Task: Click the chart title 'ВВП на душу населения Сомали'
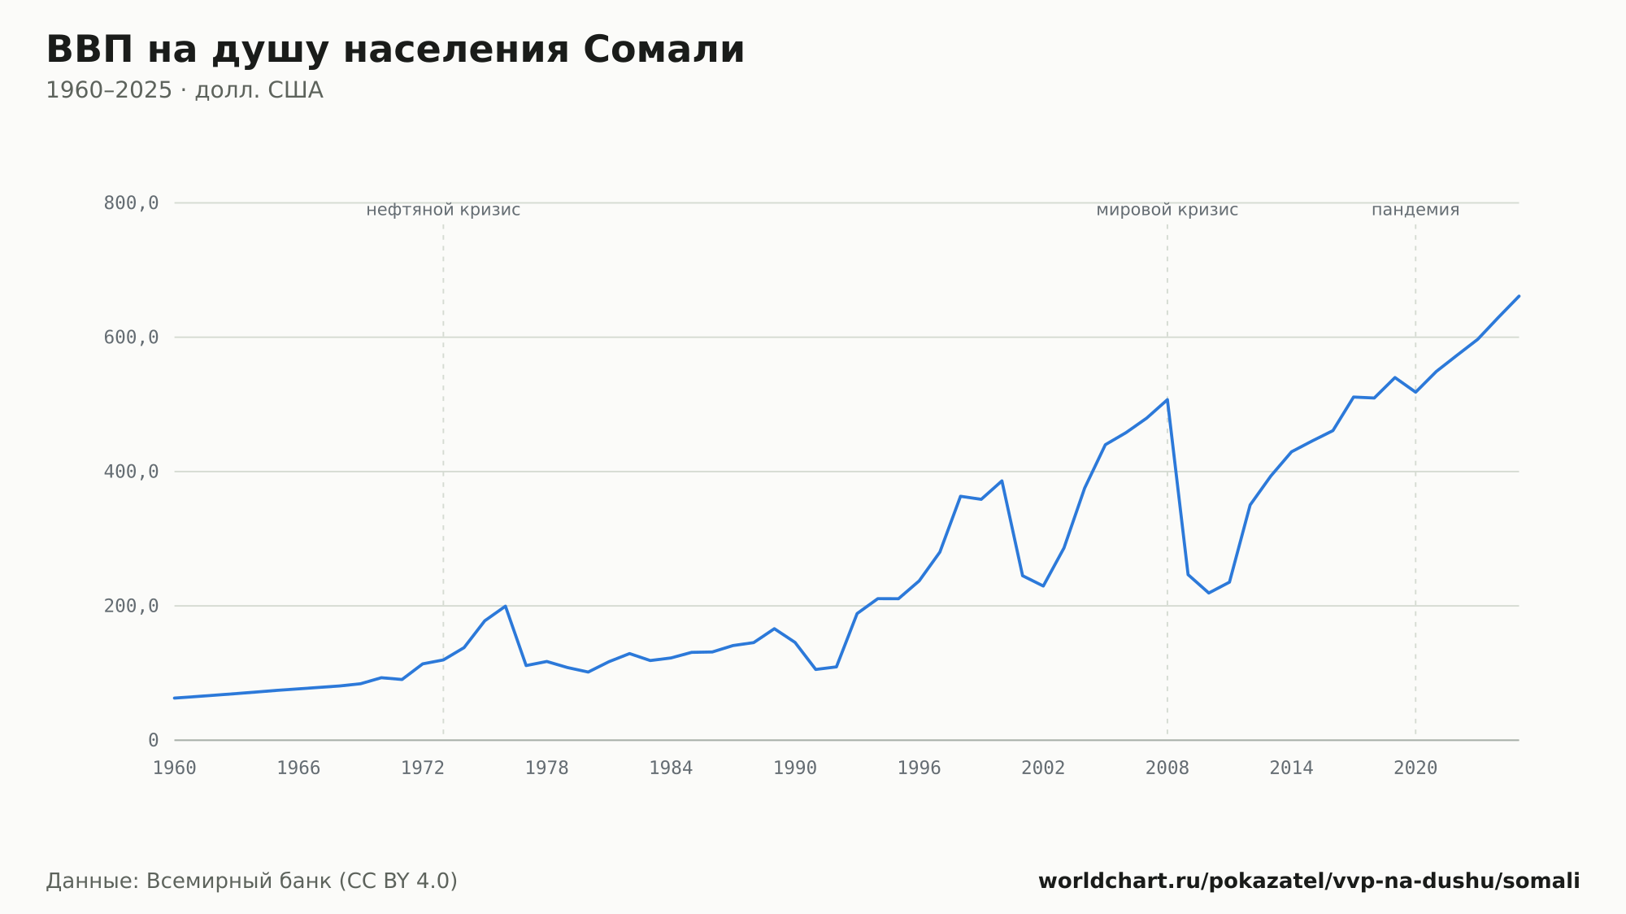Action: (x=395, y=50)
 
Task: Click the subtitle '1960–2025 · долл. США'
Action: (x=185, y=90)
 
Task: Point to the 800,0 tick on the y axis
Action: (x=131, y=203)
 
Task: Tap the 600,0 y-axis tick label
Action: (x=131, y=337)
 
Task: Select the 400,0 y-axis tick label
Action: (x=131, y=472)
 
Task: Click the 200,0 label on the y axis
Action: (x=131, y=606)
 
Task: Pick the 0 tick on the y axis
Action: (x=154, y=740)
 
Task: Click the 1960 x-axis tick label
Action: (x=175, y=768)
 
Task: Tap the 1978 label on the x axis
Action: (x=547, y=768)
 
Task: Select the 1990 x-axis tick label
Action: (x=795, y=768)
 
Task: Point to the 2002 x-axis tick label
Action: (x=1043, y=768)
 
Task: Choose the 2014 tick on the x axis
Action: (x=1292, y=768)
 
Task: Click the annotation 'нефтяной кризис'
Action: (x=443, y=211)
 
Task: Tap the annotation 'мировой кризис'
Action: (x=1167, y=211)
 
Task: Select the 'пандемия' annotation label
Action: (x=1415, y=211)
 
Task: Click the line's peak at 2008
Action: (x=1167, y=399)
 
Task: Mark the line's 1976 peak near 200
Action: (x=505, y=606)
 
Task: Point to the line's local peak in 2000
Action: (x=1002, y=481)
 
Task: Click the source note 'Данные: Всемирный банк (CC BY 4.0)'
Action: (x=252, y=881)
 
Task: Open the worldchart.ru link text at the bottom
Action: (x=1309, y=881)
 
